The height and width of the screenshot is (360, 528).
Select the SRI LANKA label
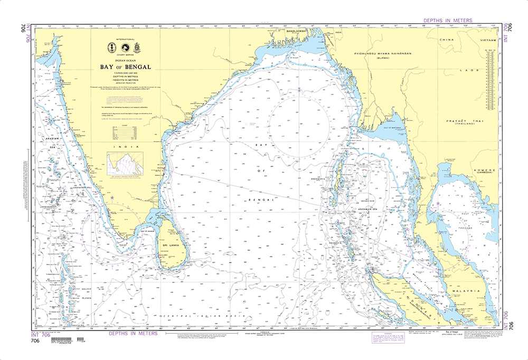[x=172, y=245]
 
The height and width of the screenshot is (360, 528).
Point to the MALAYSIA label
[x=465, y=291]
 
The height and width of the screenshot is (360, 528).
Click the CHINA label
[x=447, y=40]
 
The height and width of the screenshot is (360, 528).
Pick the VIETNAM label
[x=486, y=40]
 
